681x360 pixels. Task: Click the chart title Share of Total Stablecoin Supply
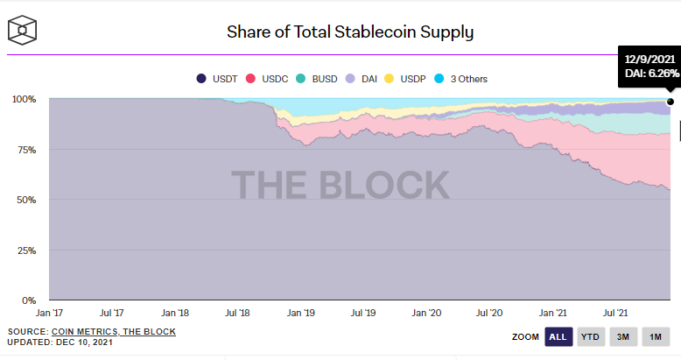tap(350, 33)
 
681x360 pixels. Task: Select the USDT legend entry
tap(222, 79)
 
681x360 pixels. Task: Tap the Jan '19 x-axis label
tap(301, 312)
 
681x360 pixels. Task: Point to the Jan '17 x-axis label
tap(49, 312)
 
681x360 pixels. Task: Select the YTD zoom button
tap(591, 336)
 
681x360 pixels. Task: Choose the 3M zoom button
tap(623, 336)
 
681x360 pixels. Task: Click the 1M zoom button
tap(655, 336)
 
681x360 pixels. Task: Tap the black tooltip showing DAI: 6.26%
tap(649, 66)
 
